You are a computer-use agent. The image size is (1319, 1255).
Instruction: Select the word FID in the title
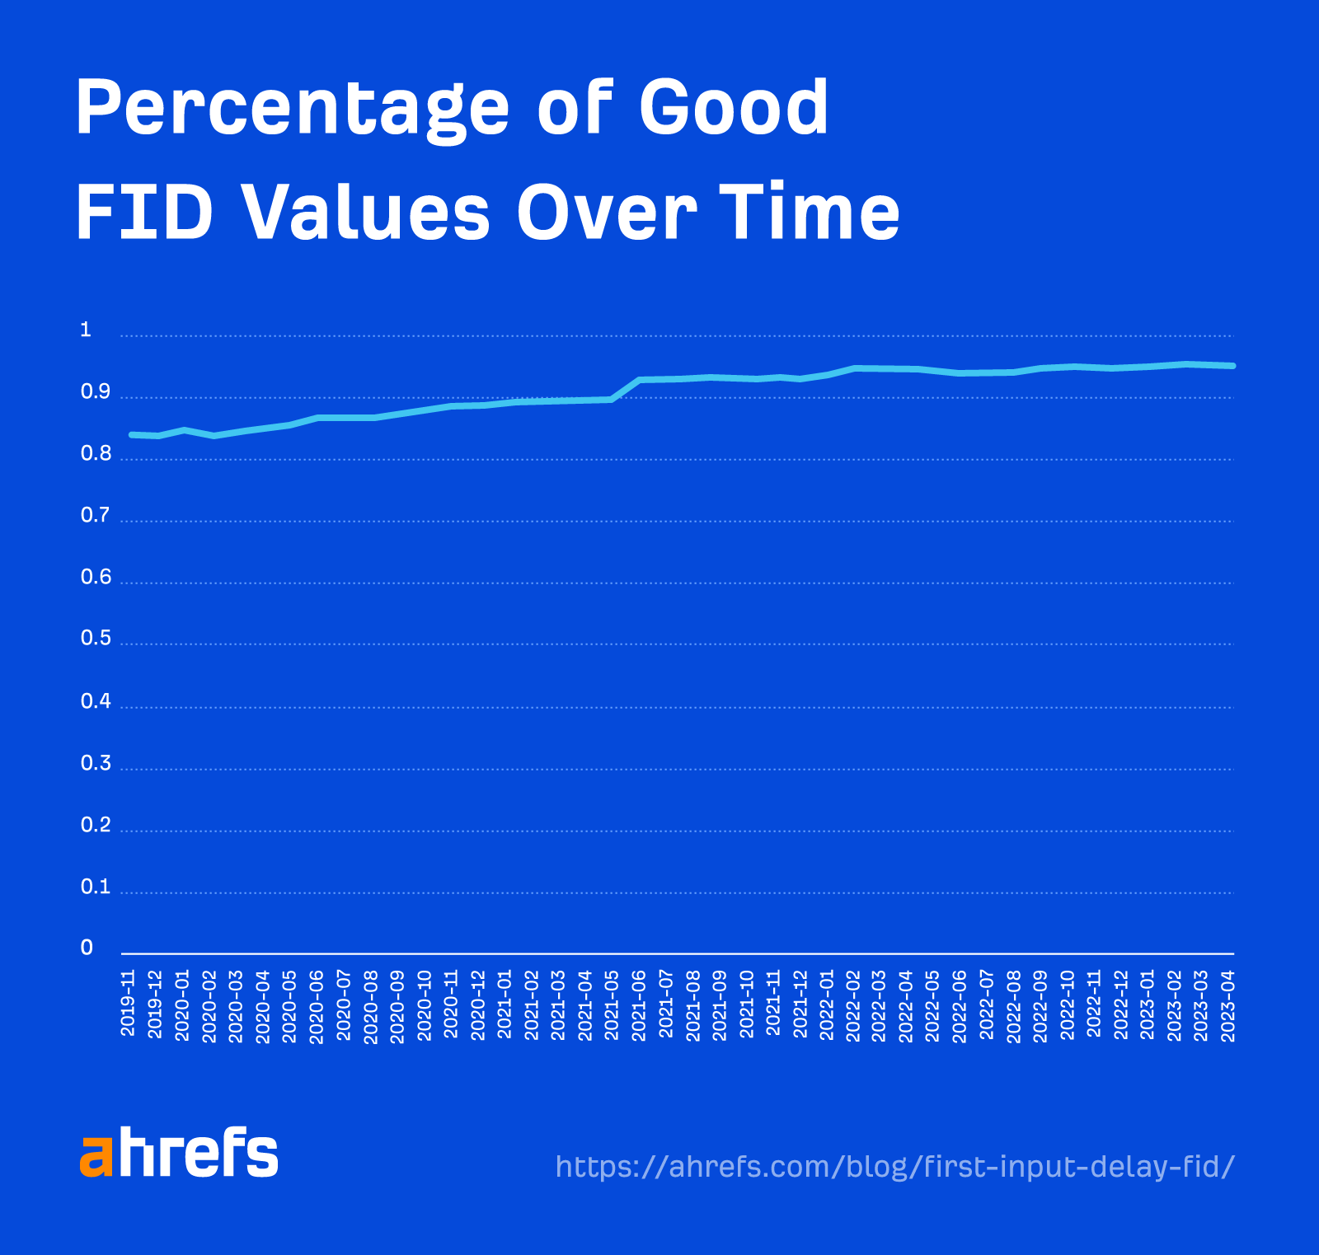point(144,212)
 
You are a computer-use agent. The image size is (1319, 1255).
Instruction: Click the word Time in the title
point(810,212)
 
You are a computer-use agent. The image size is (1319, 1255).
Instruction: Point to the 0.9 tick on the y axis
point(95,392)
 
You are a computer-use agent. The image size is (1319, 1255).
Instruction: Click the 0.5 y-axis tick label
point(95,638)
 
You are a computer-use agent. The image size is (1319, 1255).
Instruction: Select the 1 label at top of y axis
point(85,330)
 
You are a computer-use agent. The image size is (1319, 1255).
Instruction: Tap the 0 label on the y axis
point(87,948)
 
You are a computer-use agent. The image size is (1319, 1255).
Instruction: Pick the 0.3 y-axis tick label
point(95,763)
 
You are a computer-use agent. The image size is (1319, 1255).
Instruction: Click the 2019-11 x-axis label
point(128,1003)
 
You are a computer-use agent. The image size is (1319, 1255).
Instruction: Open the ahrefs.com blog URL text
point(894,1167)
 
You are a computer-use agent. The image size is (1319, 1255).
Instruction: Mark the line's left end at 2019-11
point(132,434)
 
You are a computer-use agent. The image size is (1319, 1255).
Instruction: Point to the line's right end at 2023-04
point(1232,366)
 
